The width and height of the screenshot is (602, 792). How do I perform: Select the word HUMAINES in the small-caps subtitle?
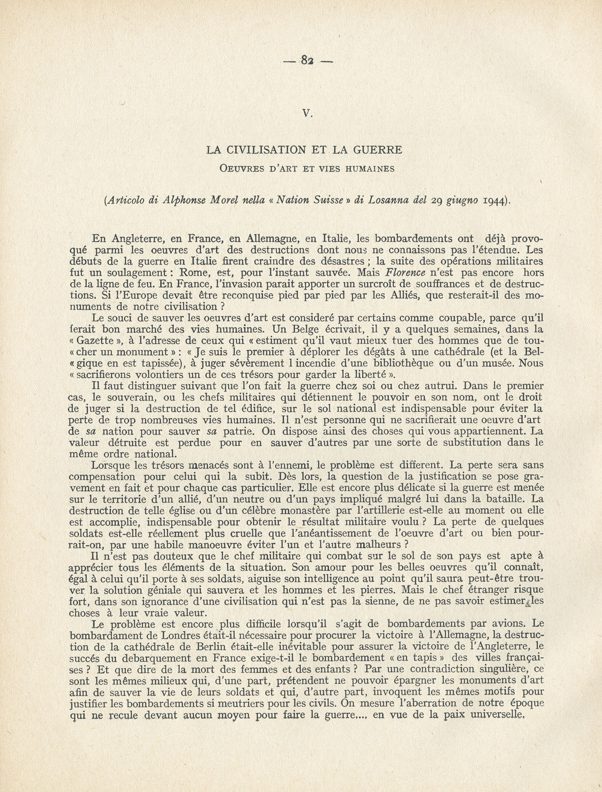[x=369, y=169]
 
